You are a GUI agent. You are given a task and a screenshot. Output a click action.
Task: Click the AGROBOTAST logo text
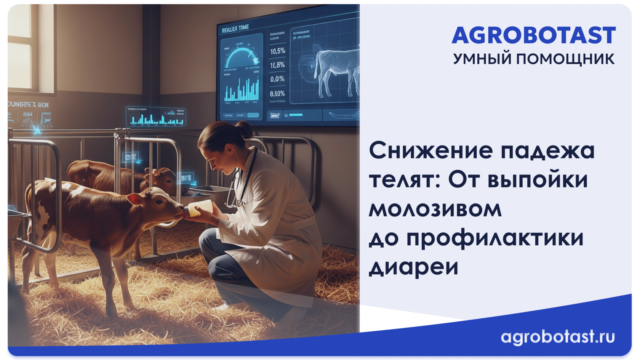(x=533, y=36)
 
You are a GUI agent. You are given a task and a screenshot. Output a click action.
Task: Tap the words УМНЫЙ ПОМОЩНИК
(x=533, y=59)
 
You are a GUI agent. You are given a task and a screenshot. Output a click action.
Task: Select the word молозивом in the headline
(x=435, y=208)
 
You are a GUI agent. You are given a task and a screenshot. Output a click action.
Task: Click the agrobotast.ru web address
(x=558, y=336)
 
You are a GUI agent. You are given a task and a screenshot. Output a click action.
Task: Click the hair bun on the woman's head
(x=244, y=130)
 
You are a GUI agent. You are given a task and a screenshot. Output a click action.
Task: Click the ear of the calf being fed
(x=135, y=198)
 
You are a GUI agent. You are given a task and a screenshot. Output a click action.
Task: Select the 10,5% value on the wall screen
(x=277, y=51)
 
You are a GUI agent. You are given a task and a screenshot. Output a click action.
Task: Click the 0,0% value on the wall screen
(x=277, y=79)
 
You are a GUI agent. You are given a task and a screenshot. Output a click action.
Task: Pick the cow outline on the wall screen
(x=335, y=70)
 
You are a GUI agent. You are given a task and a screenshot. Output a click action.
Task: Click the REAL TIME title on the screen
(x=235, y=28)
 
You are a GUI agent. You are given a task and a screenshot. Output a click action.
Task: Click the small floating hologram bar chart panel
(x=156, y=117)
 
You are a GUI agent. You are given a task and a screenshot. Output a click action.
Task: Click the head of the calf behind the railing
(x=162, y=179)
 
